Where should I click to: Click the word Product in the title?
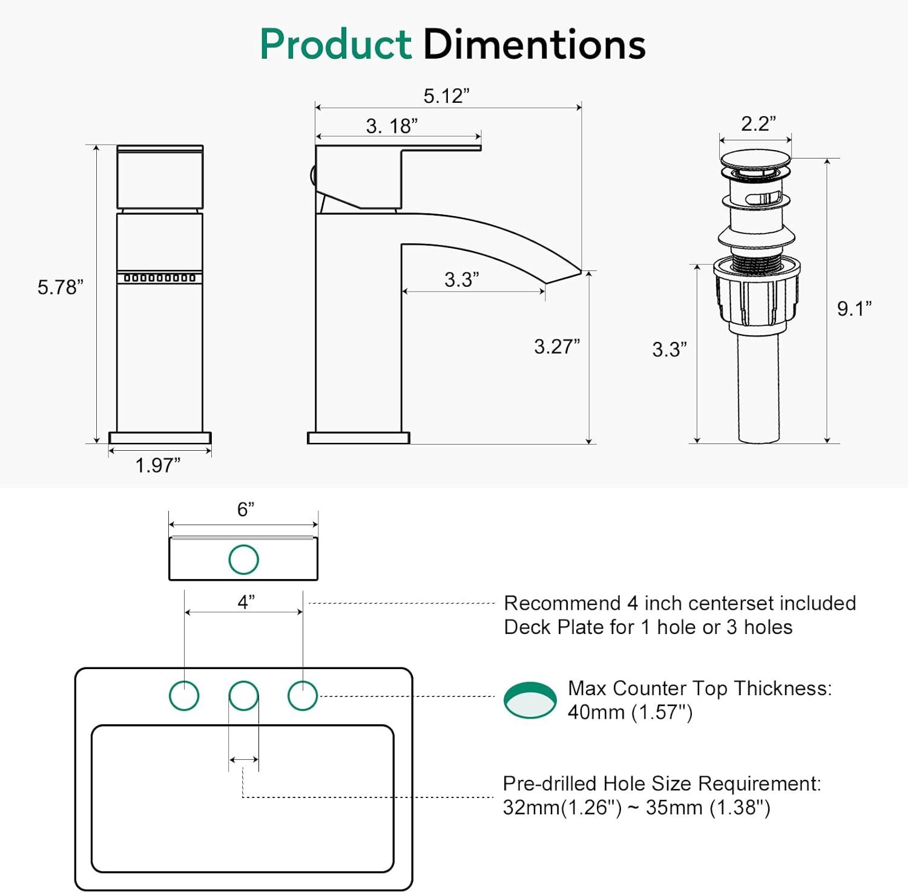click(336, 45)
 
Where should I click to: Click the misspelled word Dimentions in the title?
click(534, 45)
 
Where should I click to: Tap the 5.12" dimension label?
click(446, 96)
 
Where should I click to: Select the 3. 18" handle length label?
click(392, 126)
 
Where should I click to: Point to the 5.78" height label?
click(60, 287)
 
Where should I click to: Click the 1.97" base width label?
click(157, 465)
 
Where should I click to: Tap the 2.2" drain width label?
click(758, 123)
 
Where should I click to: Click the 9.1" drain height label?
click(854, 309)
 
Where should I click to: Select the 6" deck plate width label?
click(245, 509)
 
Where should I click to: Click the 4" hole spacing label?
click(246, 602)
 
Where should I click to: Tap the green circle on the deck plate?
click(243, 559)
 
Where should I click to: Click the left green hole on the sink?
click(184, 695)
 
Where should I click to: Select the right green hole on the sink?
click(302, 695)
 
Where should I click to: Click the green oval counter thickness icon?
click(530, 701)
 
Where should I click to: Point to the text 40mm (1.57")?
click(630, 712)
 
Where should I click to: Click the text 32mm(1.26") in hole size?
click(562, 808)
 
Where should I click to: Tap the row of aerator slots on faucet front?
click(160, 278)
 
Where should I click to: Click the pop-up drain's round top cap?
click(755, 160)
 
